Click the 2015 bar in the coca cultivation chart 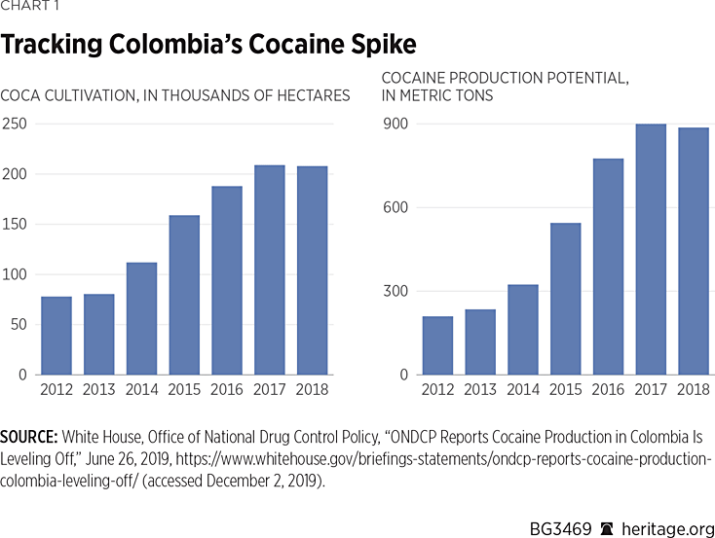pos(184,295)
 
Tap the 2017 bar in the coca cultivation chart pos(270,269)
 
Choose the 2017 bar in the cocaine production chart pos(651,249)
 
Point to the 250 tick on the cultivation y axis pos(15,125)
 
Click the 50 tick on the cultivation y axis pos(19,325)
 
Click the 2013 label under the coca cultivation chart pos(98,390)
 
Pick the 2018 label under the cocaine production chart pos(693,390)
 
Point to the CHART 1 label pos(29,10)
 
